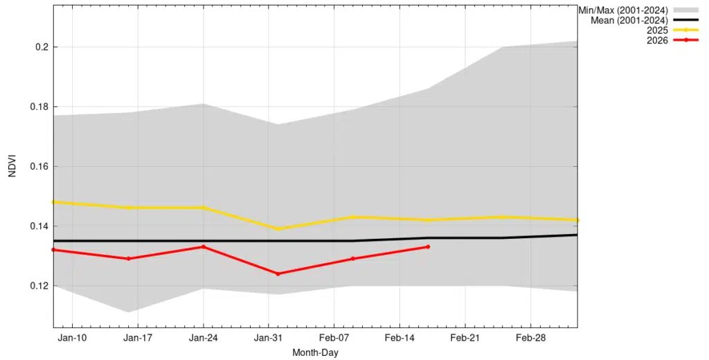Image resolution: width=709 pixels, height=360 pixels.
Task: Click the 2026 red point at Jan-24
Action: coord(203,246)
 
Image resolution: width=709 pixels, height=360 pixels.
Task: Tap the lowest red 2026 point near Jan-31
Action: coord(278,273)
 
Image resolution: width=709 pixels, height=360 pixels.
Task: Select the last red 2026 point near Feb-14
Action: coord(428,246)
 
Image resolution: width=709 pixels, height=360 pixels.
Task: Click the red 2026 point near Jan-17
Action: coord(128,258)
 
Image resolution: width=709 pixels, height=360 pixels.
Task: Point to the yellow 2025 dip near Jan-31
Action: coord(278,228)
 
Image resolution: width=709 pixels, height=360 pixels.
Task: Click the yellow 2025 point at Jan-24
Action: coord(203,208)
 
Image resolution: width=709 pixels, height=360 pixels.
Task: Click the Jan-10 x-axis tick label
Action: coord(72,338)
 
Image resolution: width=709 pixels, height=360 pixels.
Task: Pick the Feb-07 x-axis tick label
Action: coord(334,338)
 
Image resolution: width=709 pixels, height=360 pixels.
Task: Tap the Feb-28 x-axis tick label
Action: coord(530,338)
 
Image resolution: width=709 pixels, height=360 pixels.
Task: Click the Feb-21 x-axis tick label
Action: coord(465,338)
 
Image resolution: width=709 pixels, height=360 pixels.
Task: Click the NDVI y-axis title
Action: coord(12,166)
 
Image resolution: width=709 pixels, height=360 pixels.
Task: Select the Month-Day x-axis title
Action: coord(315,352)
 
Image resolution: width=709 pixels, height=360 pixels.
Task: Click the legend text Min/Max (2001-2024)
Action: coord(622,10)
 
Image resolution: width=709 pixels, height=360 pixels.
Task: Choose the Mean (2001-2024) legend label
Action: coord(629,20)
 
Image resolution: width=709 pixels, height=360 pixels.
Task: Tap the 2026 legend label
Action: coord(656,40)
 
